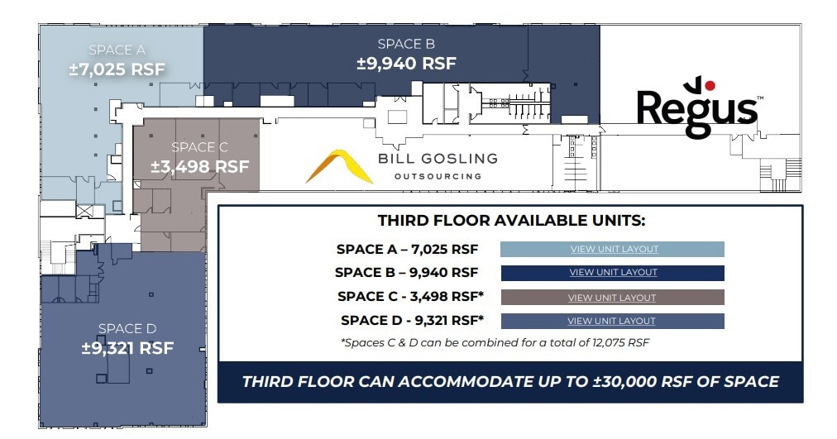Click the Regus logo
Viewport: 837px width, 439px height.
coord(697,108)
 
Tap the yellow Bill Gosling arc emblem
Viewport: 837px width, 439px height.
coord(339,166)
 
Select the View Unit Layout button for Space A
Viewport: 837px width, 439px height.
coord(613,249)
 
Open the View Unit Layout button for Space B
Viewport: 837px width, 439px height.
coord(613,273)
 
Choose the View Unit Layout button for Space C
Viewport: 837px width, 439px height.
coord(612,298)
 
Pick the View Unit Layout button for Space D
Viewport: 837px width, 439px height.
coord(611,321)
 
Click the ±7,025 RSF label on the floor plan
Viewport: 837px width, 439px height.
coord(117,69)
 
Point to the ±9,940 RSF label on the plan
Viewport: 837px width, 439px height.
coord(406,63)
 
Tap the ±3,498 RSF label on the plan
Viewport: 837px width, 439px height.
coord(199,166)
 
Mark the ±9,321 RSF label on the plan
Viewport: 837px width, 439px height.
coord(127,348)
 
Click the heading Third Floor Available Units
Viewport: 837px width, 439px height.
coord(511,221)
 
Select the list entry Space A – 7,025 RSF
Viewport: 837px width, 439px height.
coord(407,249)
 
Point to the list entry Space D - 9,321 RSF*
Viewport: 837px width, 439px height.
coord(411,321)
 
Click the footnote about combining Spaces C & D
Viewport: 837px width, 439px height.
coord(495,342)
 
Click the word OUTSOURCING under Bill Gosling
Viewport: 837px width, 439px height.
coord(438,176)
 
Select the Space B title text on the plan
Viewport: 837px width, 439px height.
coord(406,44)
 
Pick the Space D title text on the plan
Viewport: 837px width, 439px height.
coord(127,329)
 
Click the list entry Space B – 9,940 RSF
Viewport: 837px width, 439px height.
coord(406,273)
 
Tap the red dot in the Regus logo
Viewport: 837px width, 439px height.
coord(710,84)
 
